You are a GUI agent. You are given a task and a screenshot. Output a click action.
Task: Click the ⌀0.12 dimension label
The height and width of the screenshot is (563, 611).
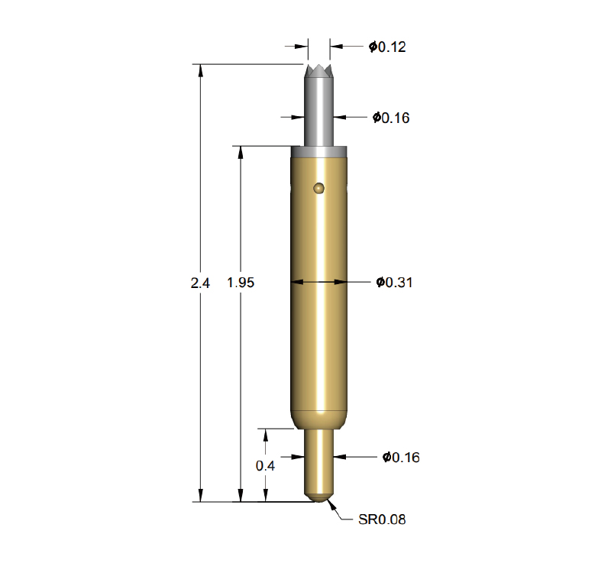387,47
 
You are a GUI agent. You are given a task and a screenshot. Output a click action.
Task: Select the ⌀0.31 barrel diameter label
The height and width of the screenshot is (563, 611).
394,282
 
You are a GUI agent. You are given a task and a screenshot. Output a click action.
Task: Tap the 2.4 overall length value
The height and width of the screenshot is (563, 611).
200,283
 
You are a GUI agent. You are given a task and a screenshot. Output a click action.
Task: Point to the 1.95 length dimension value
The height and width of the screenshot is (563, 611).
241,283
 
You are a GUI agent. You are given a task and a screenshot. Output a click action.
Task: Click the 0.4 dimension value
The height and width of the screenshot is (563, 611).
265,465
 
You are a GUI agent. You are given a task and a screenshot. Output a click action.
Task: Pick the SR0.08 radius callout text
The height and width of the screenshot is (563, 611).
382,519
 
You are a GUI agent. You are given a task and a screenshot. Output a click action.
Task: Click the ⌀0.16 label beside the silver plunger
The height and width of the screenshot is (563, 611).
391,118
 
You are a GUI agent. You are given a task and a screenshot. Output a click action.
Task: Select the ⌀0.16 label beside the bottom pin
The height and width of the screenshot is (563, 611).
401,457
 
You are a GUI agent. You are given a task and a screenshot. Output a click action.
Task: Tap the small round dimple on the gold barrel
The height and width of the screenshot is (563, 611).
318,189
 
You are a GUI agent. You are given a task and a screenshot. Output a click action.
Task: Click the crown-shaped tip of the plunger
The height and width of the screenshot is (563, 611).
319,71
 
